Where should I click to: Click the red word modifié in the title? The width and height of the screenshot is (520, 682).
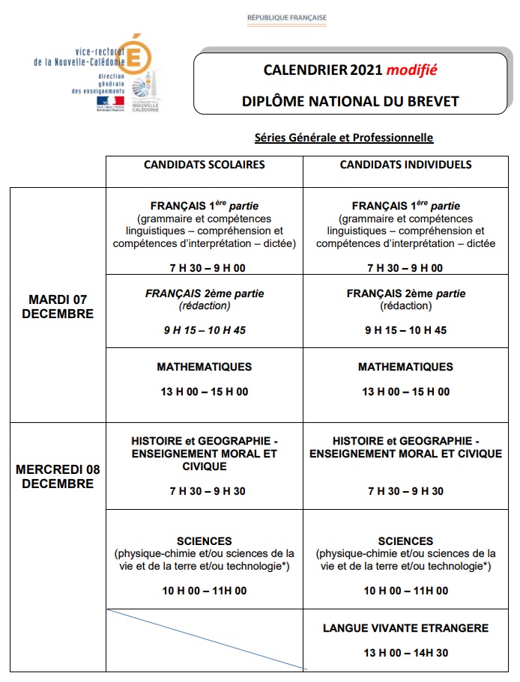click(411, 70)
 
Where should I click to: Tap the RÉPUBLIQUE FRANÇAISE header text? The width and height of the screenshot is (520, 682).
click(287, 17)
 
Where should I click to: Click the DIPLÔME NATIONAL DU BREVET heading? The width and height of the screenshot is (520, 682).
click(350, 101)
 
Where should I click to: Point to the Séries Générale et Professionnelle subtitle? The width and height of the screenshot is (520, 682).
click(344, 138)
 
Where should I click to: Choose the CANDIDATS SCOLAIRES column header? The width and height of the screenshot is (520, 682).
click(204, 165)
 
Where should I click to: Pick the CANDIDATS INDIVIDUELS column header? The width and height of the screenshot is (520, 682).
click(405, 165)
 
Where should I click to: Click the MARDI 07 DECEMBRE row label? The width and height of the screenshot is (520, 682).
click(58, 307)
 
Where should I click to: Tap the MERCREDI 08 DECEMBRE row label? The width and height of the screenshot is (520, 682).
click(58, 477)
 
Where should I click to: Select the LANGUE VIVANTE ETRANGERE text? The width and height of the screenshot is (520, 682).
click(405, 628)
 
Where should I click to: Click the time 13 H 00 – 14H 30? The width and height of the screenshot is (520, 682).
click(405, 653)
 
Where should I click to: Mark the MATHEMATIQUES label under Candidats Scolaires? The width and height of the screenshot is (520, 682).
click(204, 367)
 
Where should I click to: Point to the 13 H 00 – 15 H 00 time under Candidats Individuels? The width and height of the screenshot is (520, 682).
click(405, 392)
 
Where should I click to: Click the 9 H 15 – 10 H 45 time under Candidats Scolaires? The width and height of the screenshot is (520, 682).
click(204, 330)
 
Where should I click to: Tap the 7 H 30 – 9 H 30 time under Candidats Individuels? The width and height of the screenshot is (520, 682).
click(405, 491)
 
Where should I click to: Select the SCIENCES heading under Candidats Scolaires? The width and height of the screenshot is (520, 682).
click(204, 541)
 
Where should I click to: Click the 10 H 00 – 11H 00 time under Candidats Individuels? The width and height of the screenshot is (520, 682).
click(405, 591)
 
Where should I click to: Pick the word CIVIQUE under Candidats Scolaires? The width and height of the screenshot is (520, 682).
click(204, 466)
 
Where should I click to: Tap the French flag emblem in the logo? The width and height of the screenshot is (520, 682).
click(109, 101)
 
